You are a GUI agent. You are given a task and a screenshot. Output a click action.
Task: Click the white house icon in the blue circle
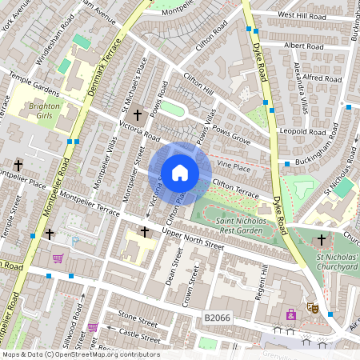(x=180, y=172)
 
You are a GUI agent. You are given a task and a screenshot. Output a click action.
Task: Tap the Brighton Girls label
(x=44, y=110)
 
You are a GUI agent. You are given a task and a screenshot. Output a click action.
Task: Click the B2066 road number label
(x=218, y=318)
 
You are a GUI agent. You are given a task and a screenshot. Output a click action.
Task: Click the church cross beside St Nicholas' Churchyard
(x=322, y=239)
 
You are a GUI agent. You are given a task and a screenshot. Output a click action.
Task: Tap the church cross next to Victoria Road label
(x=137, y=114)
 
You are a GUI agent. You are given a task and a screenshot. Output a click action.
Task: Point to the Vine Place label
(x=234, y=167)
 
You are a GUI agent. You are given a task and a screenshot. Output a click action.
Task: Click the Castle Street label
(x=134, y=332)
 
